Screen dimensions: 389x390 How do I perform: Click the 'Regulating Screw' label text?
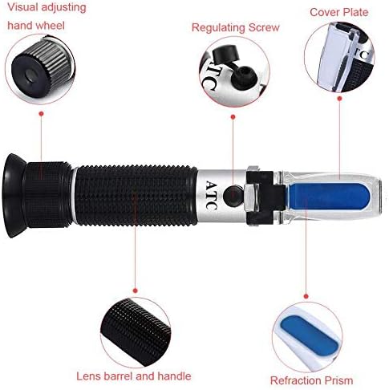click(236, 28)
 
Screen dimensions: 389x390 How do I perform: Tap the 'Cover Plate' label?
click(339, 12)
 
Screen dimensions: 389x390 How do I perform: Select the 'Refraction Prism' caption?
click(311, 380)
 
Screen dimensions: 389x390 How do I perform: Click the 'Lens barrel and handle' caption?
click(134, 376)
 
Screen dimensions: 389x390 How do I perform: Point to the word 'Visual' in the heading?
click(22, 7)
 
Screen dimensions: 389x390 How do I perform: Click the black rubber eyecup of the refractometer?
click(14, 196)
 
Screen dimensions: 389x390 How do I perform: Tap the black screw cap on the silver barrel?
click(233, 196)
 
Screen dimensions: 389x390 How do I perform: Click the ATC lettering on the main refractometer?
click(211, 195)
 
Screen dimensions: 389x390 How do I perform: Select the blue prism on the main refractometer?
click(330, 197)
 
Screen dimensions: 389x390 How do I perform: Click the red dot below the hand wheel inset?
click(41, 114)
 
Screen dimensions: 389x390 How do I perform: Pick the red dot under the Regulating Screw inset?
click(233, 117)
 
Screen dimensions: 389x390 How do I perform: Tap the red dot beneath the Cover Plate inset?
click(339, 99)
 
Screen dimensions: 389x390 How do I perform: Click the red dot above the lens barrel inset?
click(136, 290)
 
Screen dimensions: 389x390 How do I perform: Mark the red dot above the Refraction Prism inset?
click(306, 296)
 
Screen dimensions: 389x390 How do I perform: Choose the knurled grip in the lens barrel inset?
click(136, 331)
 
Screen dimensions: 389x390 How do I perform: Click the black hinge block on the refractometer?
click(265, 198)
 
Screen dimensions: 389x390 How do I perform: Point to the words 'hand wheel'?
click(36, 26)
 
